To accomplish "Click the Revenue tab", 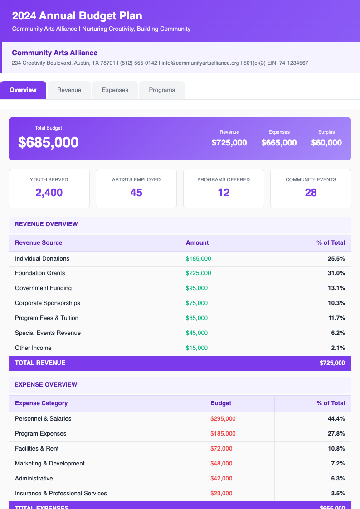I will click(x=69, y=90).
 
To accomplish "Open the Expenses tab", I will click(x=115, y=90).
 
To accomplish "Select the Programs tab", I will click(x=162, y=90).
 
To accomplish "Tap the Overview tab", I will click(x=23, y=90).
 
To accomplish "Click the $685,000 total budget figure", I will click(x=49, y=142).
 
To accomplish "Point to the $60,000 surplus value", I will click(x=326, y=143).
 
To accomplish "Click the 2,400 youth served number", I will click(x=49, y=193).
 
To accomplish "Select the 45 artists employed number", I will click(x=136, y=193).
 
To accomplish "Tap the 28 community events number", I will click(x=311, y=193).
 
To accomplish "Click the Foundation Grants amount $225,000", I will click(x=198, y=273).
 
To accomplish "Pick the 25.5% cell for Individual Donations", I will click(x=336, y=258).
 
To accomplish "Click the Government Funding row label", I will click(x=43, y=288).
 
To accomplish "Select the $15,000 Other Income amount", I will click(x=197, y=348).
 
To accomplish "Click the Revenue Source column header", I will click(x=39, y=242).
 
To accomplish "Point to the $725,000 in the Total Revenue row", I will click(x=332, y=363).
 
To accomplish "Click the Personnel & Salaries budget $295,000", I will click(x=223, y=419).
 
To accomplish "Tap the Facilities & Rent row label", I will click(x=37, y=449).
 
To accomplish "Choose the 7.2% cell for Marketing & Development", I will click(x=337, y=464).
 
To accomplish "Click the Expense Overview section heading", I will click(x=46, y=384).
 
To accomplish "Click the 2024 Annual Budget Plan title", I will click(x=77, y=16).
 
